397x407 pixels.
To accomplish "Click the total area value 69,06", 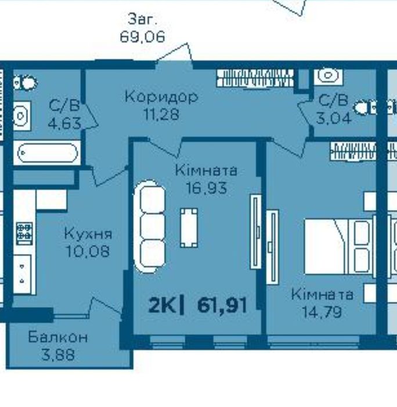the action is coord(142,37).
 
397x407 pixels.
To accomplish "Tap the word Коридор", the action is coord(161,97).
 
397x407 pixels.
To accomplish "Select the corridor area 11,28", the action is coord(161,114).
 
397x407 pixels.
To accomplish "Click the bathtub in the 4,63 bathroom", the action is coord(48,153).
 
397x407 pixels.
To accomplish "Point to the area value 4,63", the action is coord(64,123).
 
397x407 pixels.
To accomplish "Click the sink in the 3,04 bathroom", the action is coord(328,76).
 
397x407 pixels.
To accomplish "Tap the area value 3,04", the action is coord(334,118).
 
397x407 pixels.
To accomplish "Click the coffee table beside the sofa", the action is coord(189,228).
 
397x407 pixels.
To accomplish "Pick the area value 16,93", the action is coord(207,188).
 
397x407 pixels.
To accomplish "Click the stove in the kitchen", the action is coord(24,233).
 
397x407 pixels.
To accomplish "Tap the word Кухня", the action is coord(88,234).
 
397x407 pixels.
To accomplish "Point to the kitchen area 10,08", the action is coord(88,251).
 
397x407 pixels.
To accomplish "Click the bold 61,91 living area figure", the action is coord(222,305).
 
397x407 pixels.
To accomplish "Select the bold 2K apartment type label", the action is coord(162,306).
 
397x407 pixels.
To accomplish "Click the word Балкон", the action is coord(58,337).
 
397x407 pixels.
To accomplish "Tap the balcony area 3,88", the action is coord(58,355).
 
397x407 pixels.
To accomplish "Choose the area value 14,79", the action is coord(322,312).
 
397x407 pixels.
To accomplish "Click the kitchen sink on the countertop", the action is coord(22,274).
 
